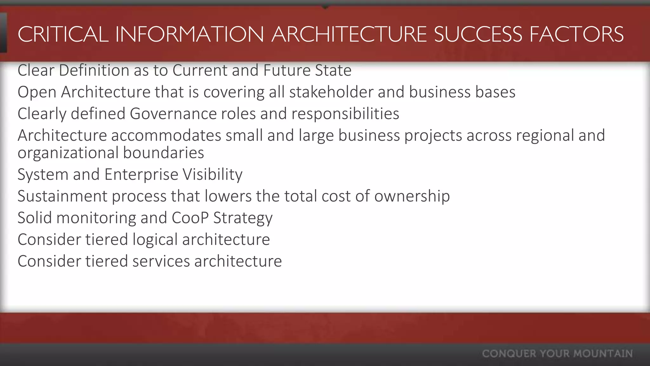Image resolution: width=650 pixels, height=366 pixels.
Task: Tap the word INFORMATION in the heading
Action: pyautogui.click(x=189, y=34)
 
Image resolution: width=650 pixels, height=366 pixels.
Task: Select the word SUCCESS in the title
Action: pyautogui.click(x=478, y=34)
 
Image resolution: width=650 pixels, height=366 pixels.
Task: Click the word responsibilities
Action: pyautogui.click(x=345, y=114)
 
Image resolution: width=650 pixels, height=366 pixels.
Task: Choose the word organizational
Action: pyautogui.click(x=68, y=153)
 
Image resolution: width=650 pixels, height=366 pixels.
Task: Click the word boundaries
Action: pyautogui.click(x=163, y=153)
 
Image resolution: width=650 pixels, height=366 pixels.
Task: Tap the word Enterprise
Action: pyautogui.click(x=141, y=174)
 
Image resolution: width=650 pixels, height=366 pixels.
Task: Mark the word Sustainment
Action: pyautogui.click(x=63, y=196)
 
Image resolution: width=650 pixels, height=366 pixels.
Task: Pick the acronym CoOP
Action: pyautogui.click(x=190, y=218)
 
